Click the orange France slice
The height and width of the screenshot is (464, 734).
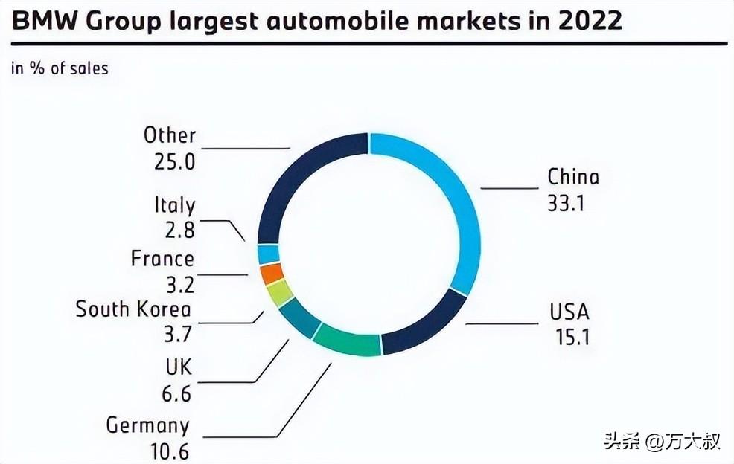272,274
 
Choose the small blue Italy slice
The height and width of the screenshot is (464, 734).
268,254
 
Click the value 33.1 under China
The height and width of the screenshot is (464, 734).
567,202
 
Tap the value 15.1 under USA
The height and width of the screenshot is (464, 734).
572,336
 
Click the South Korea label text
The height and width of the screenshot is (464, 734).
133,309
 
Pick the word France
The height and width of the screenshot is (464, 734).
162,259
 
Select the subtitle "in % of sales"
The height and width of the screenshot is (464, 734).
60,68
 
